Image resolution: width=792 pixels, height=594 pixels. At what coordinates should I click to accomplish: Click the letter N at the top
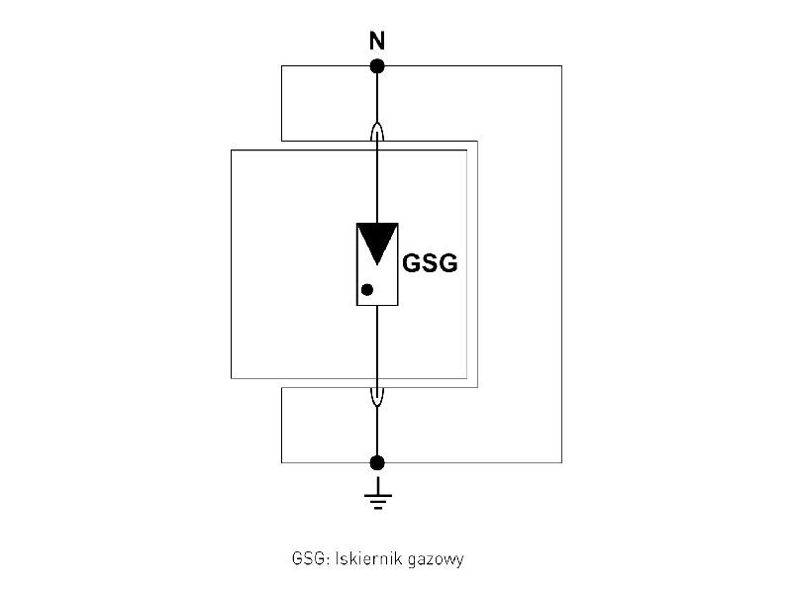(x=376, y=42)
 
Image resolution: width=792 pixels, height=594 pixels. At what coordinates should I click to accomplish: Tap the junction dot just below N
(x=376, y=66)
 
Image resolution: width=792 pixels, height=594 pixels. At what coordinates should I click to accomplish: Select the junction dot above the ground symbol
(x=376, y=462)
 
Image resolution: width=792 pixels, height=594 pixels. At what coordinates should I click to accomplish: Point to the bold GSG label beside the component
(x=430, y=265)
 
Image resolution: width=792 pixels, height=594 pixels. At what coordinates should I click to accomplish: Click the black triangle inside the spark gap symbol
(x=376, y=242)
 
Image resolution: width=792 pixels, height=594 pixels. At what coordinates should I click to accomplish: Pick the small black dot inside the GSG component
(x=367, y=290)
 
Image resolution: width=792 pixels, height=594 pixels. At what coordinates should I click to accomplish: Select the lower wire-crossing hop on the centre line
(x=376, y=395)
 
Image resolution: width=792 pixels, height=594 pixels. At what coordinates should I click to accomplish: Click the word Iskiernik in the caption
(x=356, y=558)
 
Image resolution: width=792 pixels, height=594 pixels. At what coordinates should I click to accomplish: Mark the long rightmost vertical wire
(x=561, y=263)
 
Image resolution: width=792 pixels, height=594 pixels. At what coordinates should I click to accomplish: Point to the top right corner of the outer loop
(x=561, y=66)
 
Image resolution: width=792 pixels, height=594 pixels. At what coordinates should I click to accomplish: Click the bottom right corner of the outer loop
(x=561, y=462)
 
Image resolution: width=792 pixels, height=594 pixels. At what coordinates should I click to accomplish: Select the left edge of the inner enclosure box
(x=231, y=263)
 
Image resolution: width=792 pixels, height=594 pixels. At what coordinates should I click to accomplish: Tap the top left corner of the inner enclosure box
(x=231, y=149)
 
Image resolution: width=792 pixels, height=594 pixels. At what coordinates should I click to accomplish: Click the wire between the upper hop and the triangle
(x=376, y=183)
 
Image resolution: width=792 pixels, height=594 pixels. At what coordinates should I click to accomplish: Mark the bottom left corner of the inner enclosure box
(x=231, y=378)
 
